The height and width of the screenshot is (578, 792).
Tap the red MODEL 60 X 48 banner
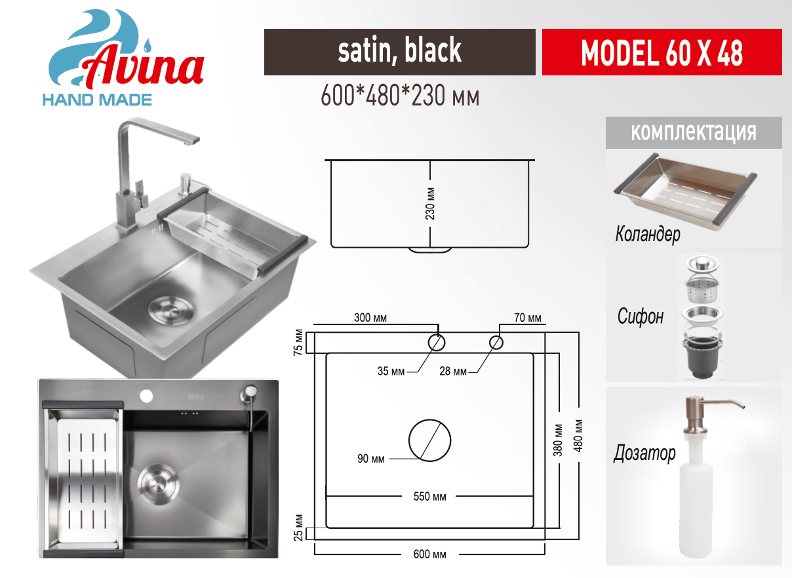(x=662, y=52)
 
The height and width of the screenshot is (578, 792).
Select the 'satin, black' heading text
(x=399, y=50)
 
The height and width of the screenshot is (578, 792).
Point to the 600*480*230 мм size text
(x=400, y=96)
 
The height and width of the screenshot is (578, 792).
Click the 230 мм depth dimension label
(x=430, y=204)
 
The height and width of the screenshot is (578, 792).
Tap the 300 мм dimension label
(x=370, y=318)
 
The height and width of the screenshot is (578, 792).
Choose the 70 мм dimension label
(x=528, y=318)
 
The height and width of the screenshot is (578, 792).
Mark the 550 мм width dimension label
(x=429, y=497)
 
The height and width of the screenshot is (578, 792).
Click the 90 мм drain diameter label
(x=371, y=459)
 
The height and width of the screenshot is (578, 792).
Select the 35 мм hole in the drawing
(x=436, y=342)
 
